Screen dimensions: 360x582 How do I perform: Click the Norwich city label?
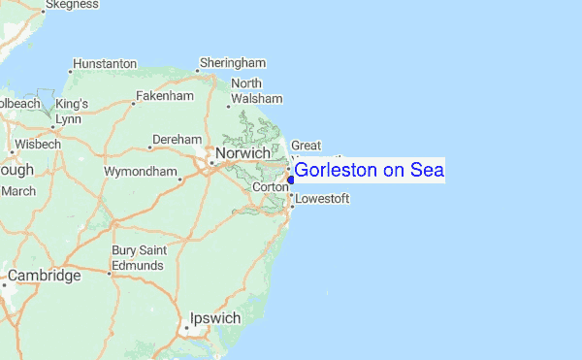(242, 154)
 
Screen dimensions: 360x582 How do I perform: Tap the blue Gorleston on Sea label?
(369, 171)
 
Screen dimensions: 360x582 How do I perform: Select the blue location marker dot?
(290, 179)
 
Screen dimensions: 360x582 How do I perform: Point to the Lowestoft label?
(322, 199)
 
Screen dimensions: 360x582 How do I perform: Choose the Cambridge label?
(45, 276)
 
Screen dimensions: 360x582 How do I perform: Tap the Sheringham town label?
(233, 63)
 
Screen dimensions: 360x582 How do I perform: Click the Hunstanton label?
(105, 64)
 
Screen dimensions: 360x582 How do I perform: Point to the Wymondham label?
(141, 173)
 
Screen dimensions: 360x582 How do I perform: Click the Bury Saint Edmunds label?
(139, 258)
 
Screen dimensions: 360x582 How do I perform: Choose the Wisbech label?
(39, 144)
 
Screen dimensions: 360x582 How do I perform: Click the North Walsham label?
(256, 91)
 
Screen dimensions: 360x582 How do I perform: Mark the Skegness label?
(72, 5)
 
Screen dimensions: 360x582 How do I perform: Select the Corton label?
(271, 187)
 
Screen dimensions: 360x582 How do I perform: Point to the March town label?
(18, 191)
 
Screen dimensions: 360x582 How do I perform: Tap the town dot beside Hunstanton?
(71, 70)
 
